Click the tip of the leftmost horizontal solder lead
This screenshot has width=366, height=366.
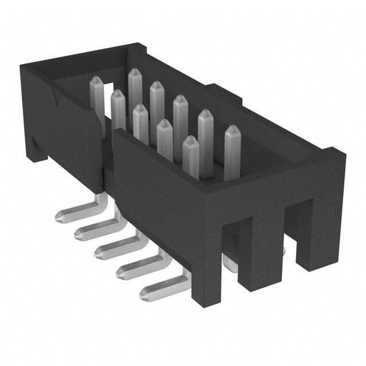[x=59, y=216]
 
